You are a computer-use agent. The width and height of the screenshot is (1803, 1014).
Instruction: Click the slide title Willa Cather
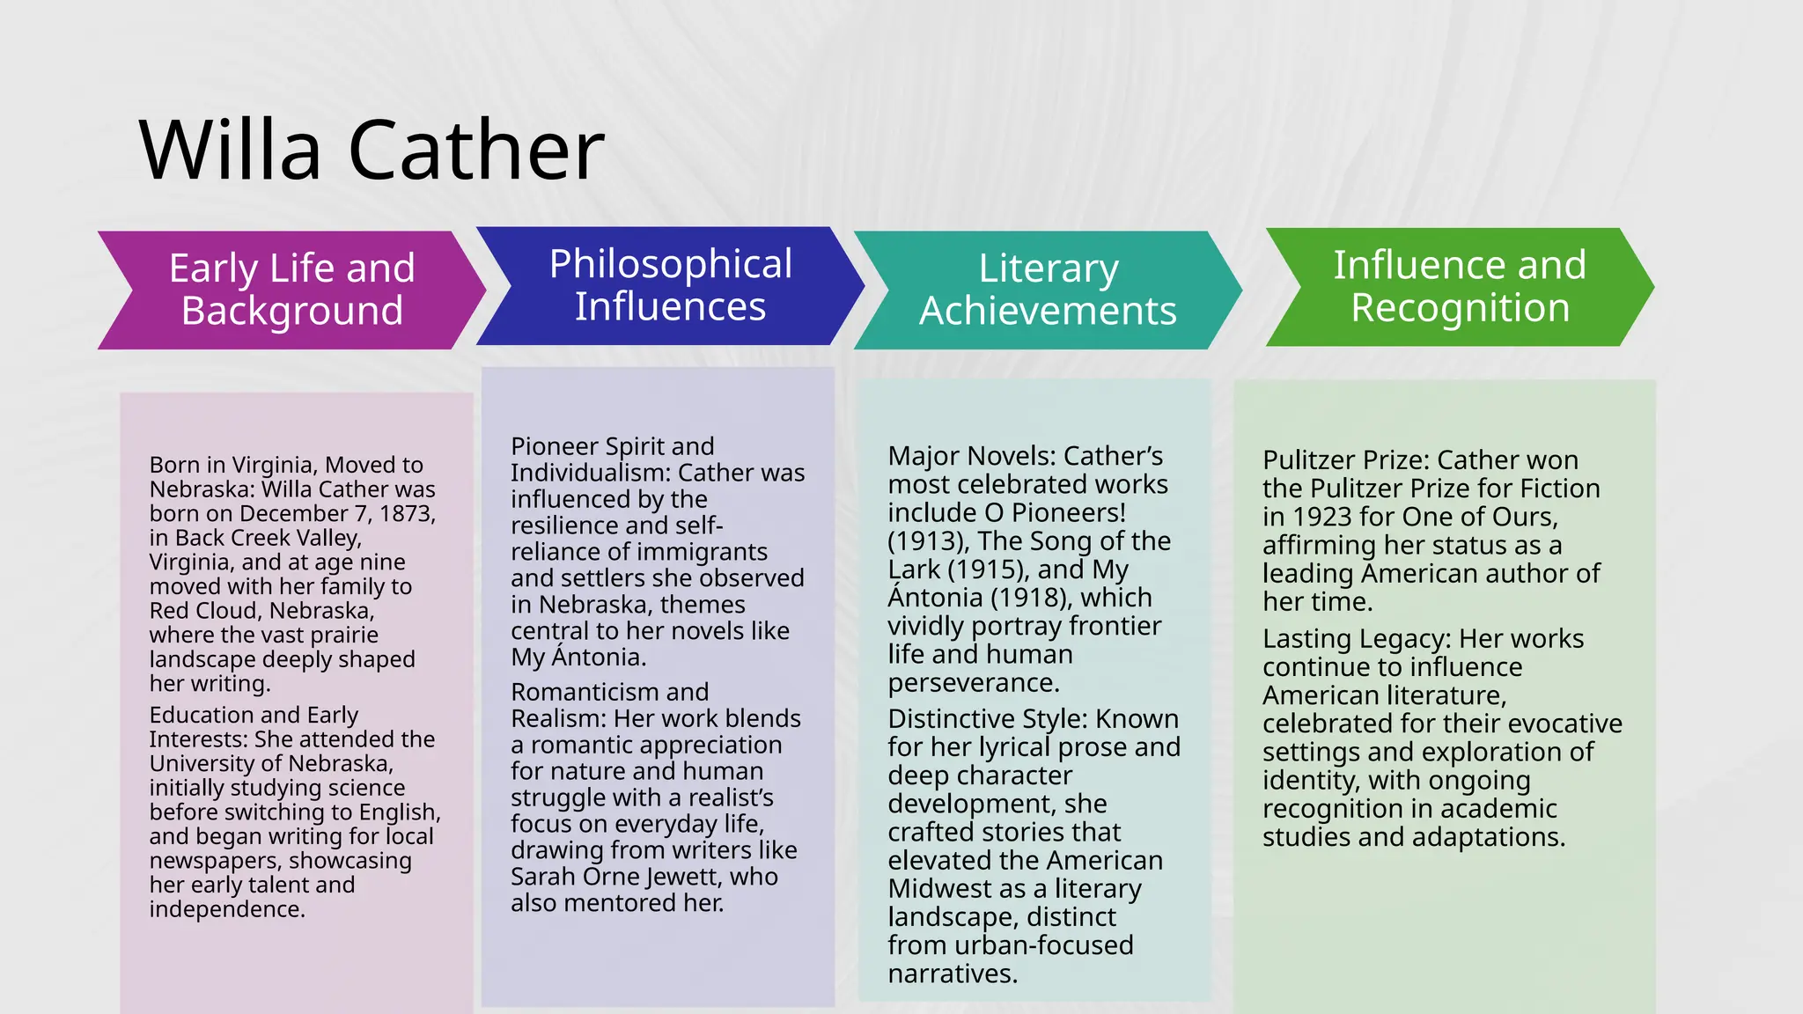point(372,151)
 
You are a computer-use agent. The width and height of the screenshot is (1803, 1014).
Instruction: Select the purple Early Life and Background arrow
point(291,290)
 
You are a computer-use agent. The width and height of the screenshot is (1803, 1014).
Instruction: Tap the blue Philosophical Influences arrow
point(670,285)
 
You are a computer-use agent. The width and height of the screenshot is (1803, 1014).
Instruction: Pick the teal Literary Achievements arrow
point(1048,290)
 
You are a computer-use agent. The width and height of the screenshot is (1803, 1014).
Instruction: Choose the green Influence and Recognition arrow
point(1460,286)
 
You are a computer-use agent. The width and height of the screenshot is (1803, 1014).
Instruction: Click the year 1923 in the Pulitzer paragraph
point(1321,517)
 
